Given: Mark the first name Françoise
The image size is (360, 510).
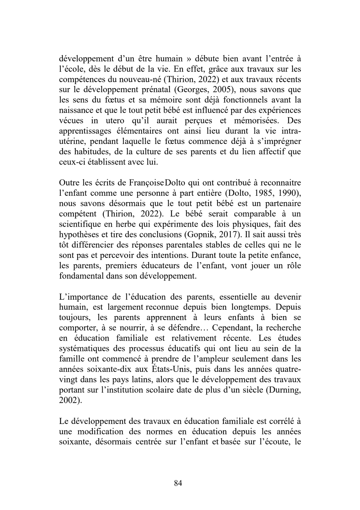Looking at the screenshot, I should (x=146, y=183).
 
